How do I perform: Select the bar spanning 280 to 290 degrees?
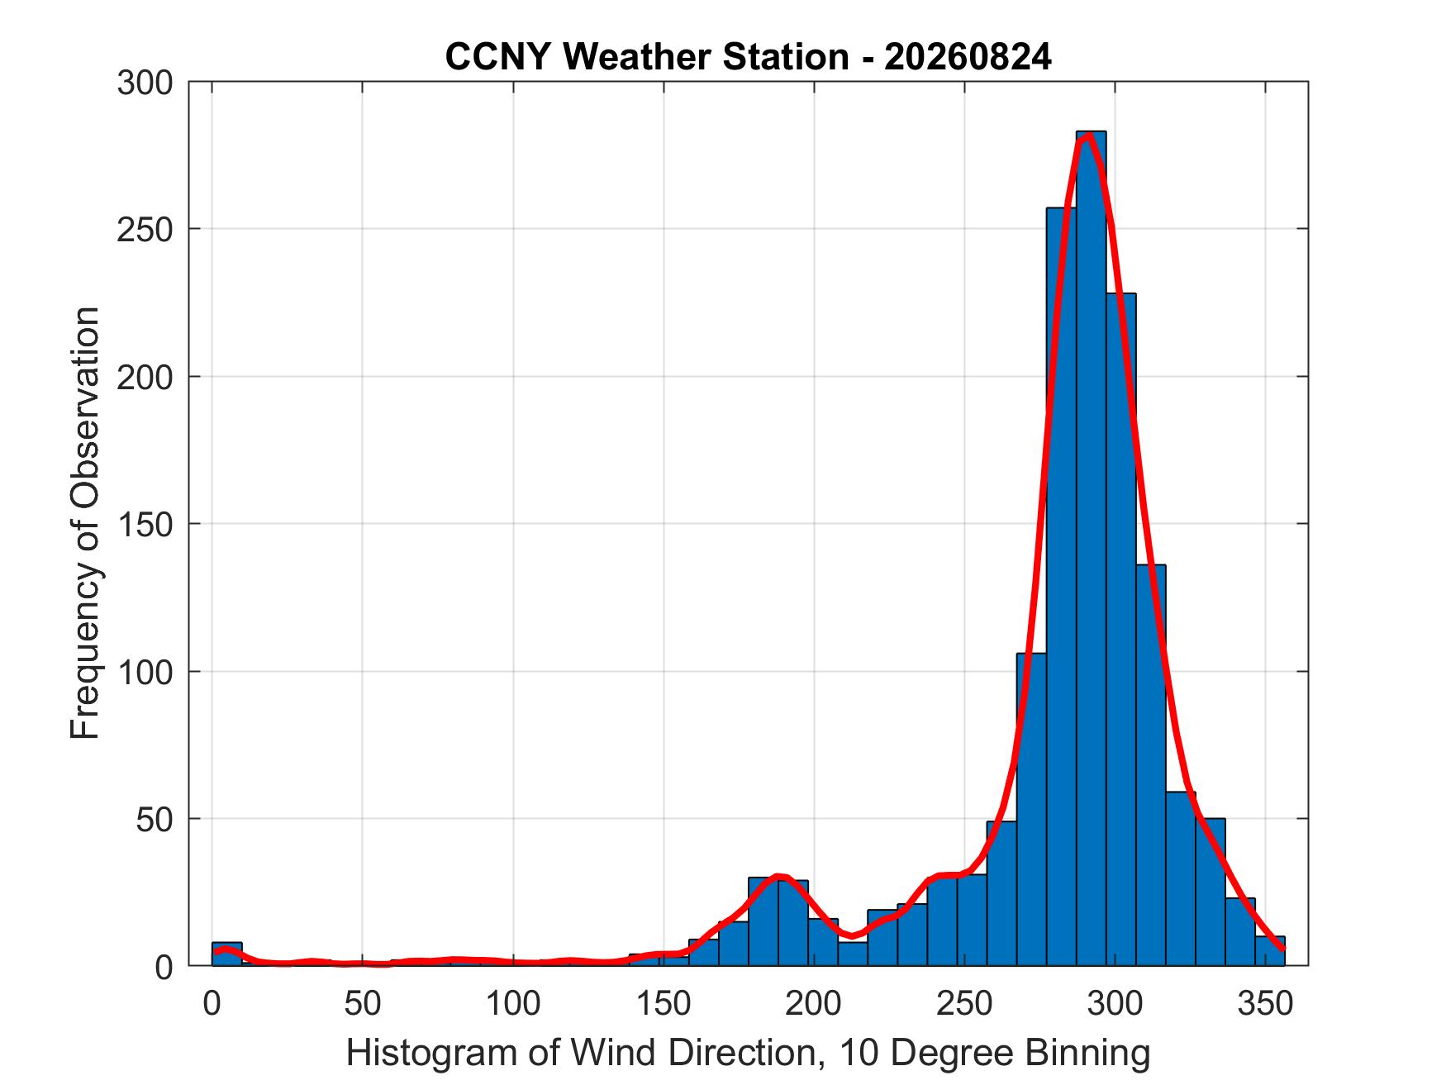pyautogui.click(x=1061, y=587)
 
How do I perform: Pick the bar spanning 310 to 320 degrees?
pyautogui.click(x=1150, y=765)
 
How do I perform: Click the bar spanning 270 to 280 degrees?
pyautogui.click(x=1031, y=809)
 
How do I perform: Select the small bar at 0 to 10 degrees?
pyautogui.click(x=227, y=954)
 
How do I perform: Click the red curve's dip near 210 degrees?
pyautogui.click(x=852, y=936)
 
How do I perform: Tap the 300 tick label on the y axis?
pyautogui.click(x=145, y=83)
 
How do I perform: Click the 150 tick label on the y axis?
pyautogui.click(x=145, y=524)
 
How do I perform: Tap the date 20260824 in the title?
pyautogui.click(x=968, y=57)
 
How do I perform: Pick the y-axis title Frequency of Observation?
pyautogui.click(x=85, y=523)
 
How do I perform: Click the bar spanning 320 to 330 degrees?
pyautogui.click(x=1180, y=879)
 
